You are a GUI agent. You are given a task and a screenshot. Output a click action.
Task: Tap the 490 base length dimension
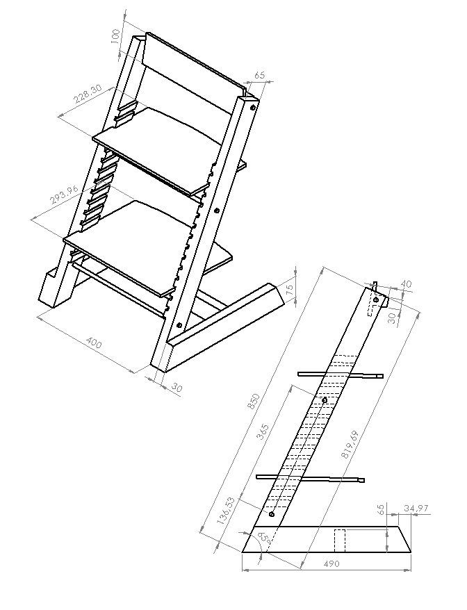(x=331, y=563)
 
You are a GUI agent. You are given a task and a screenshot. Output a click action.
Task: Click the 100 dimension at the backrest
(x=117, y=35)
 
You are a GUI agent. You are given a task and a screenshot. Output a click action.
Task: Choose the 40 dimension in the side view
(x=406, y=284)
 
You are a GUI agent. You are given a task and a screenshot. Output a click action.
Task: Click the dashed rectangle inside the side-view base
(x=340, y=540)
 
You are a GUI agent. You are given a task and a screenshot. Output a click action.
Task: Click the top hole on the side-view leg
(x=376, y=300)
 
